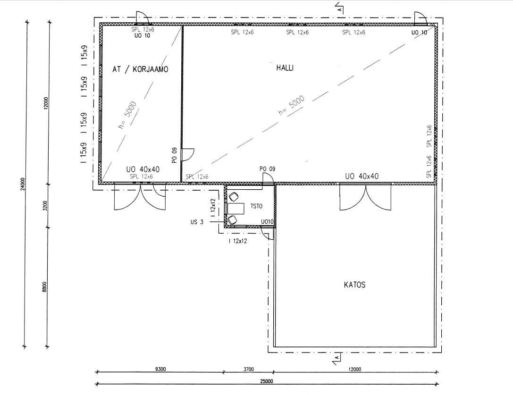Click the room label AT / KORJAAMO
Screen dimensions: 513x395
pos(140,69)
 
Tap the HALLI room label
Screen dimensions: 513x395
pos(285,68)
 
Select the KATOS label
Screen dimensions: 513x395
pos(354,285)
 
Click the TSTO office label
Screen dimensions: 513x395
pos(256,206)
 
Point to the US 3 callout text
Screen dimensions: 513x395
pos(197,222)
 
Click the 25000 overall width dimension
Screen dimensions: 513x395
pos(267,381)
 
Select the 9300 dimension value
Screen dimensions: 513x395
pos(160,369)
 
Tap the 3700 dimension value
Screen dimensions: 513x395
pos(248,369)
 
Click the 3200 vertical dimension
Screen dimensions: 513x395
pos(45,205)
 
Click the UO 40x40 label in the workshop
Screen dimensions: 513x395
pos(143,169)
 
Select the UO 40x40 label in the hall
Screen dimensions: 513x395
pos(362,176)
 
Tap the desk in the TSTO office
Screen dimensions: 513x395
pos(235,209)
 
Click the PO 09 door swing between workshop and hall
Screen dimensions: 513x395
pos(187,155)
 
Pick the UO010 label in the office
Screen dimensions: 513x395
pos(267,222)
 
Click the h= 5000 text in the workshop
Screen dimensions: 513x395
pos(127,115)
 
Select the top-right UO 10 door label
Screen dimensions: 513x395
pos(419,33)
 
